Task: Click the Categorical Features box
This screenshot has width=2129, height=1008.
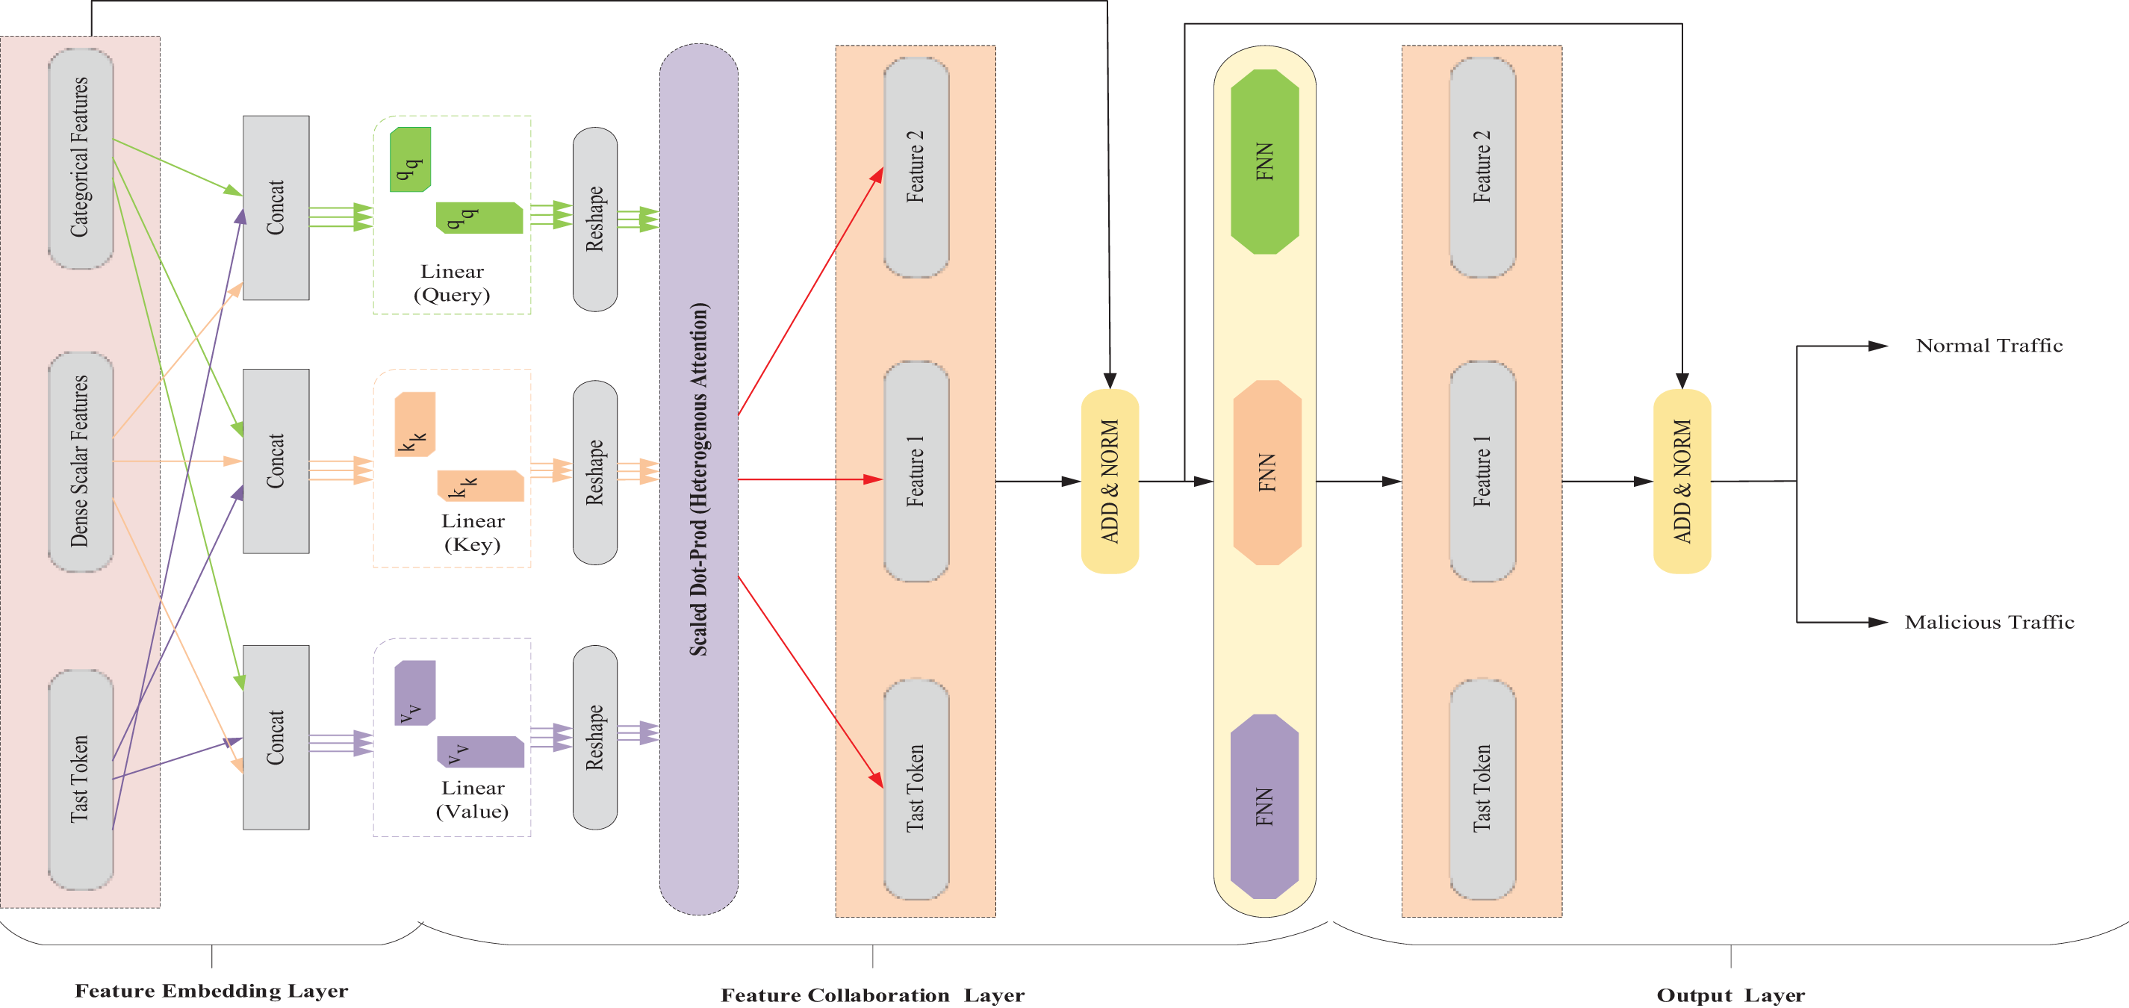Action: click(x=80, y=158)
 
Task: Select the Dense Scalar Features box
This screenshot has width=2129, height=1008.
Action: click(x=80, y=461)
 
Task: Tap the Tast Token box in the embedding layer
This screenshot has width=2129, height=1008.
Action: click(x=80, y=779)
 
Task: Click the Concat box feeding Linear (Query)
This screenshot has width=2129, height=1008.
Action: click(x=276, y=208)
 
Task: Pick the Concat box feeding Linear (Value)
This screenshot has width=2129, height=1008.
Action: click(x=276, y=737)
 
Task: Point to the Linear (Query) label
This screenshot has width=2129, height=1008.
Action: click(x=452, y=282)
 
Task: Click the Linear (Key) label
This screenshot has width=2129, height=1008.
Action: click(x=473, y=532)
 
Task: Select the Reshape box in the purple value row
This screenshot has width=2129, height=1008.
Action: click(x=595, y=737)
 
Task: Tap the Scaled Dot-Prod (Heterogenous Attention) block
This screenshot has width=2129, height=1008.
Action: click(x=698, y=479)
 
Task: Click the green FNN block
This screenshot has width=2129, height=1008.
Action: click(x=1264, y=161)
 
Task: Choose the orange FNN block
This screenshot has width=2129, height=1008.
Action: click(x=1267, y=473)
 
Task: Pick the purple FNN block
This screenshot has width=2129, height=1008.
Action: click(x=1264, y=806)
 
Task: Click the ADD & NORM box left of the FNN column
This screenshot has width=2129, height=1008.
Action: click(x=1110, y=481)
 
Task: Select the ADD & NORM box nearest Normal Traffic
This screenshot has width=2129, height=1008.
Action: click(x=1682, y=481)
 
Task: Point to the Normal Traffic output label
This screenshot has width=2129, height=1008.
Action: click(x=1989, y=346)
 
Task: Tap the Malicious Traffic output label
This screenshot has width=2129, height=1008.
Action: click(x=1989, y=622)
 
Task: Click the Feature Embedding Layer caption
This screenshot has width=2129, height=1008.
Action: click(x=211, y=991)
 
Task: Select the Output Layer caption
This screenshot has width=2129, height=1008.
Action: click(x=1731, y=995)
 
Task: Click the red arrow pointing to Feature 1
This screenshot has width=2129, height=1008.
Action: click(x=811, y=479)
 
